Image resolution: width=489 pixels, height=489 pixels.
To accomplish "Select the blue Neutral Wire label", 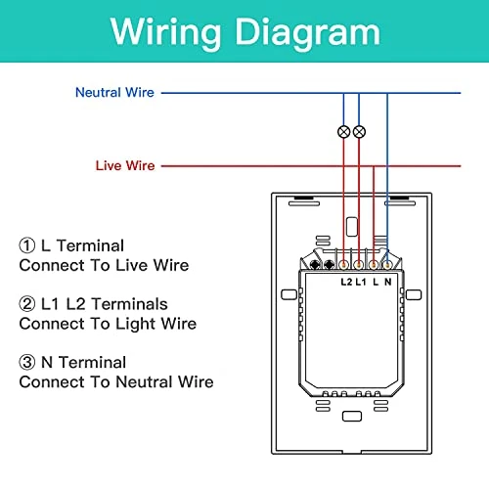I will point(115,93).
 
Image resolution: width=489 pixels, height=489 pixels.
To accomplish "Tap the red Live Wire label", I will point(124,165).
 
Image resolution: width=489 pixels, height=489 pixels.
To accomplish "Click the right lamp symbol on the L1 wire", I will point(359,131).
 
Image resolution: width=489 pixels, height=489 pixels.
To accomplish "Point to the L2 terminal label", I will point(346,282).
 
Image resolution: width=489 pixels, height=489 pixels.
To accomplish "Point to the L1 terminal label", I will point(361,282).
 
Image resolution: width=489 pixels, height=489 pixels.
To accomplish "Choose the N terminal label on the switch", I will point(388,282).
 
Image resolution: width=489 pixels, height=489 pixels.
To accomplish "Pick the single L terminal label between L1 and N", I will point(376,282).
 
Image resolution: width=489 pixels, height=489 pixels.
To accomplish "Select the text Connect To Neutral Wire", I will point(115,381).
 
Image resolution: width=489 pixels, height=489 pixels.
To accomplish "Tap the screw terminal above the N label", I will point(388,265).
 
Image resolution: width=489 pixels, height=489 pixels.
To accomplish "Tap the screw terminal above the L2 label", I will point(346,265).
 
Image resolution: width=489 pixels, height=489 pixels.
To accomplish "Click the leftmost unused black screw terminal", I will point(317,265).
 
